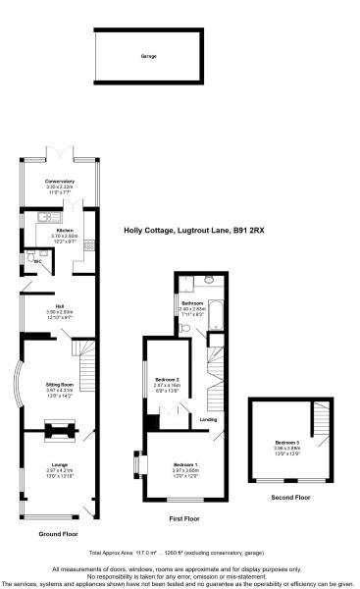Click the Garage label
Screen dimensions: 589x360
(148, 56)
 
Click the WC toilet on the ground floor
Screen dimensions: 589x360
(30, 259)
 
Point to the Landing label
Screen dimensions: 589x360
(208, 419)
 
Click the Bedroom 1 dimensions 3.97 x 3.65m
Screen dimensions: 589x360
(185, 469)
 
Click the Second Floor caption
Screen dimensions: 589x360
(290, 498)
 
